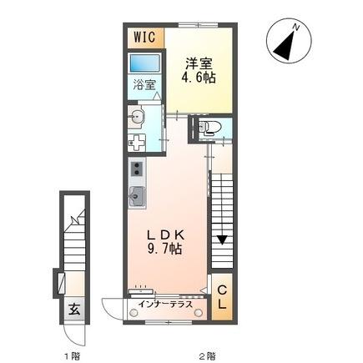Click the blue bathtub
pos(145,64)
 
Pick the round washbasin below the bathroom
pos(138,118)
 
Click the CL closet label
pos(222,296)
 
